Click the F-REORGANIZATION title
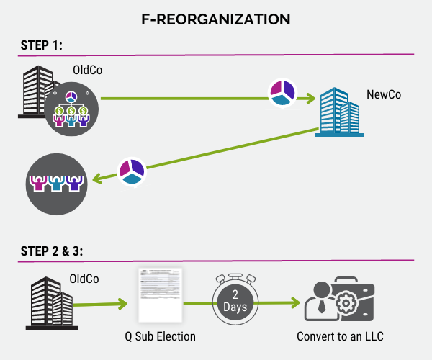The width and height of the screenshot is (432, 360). point(216,19)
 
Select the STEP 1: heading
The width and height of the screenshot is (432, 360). point(42,45)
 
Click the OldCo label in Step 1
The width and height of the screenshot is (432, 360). point(88,71)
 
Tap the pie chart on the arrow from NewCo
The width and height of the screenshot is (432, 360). point(132,171)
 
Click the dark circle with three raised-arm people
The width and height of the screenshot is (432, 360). point(57,181)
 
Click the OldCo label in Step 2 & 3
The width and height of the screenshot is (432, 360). point(84,279)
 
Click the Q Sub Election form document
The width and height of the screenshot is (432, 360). point(160,294)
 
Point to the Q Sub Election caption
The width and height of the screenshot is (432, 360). point(161,336)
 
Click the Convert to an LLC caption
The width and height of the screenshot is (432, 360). point(338,336)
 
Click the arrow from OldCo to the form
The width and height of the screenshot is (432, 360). point(101,302)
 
